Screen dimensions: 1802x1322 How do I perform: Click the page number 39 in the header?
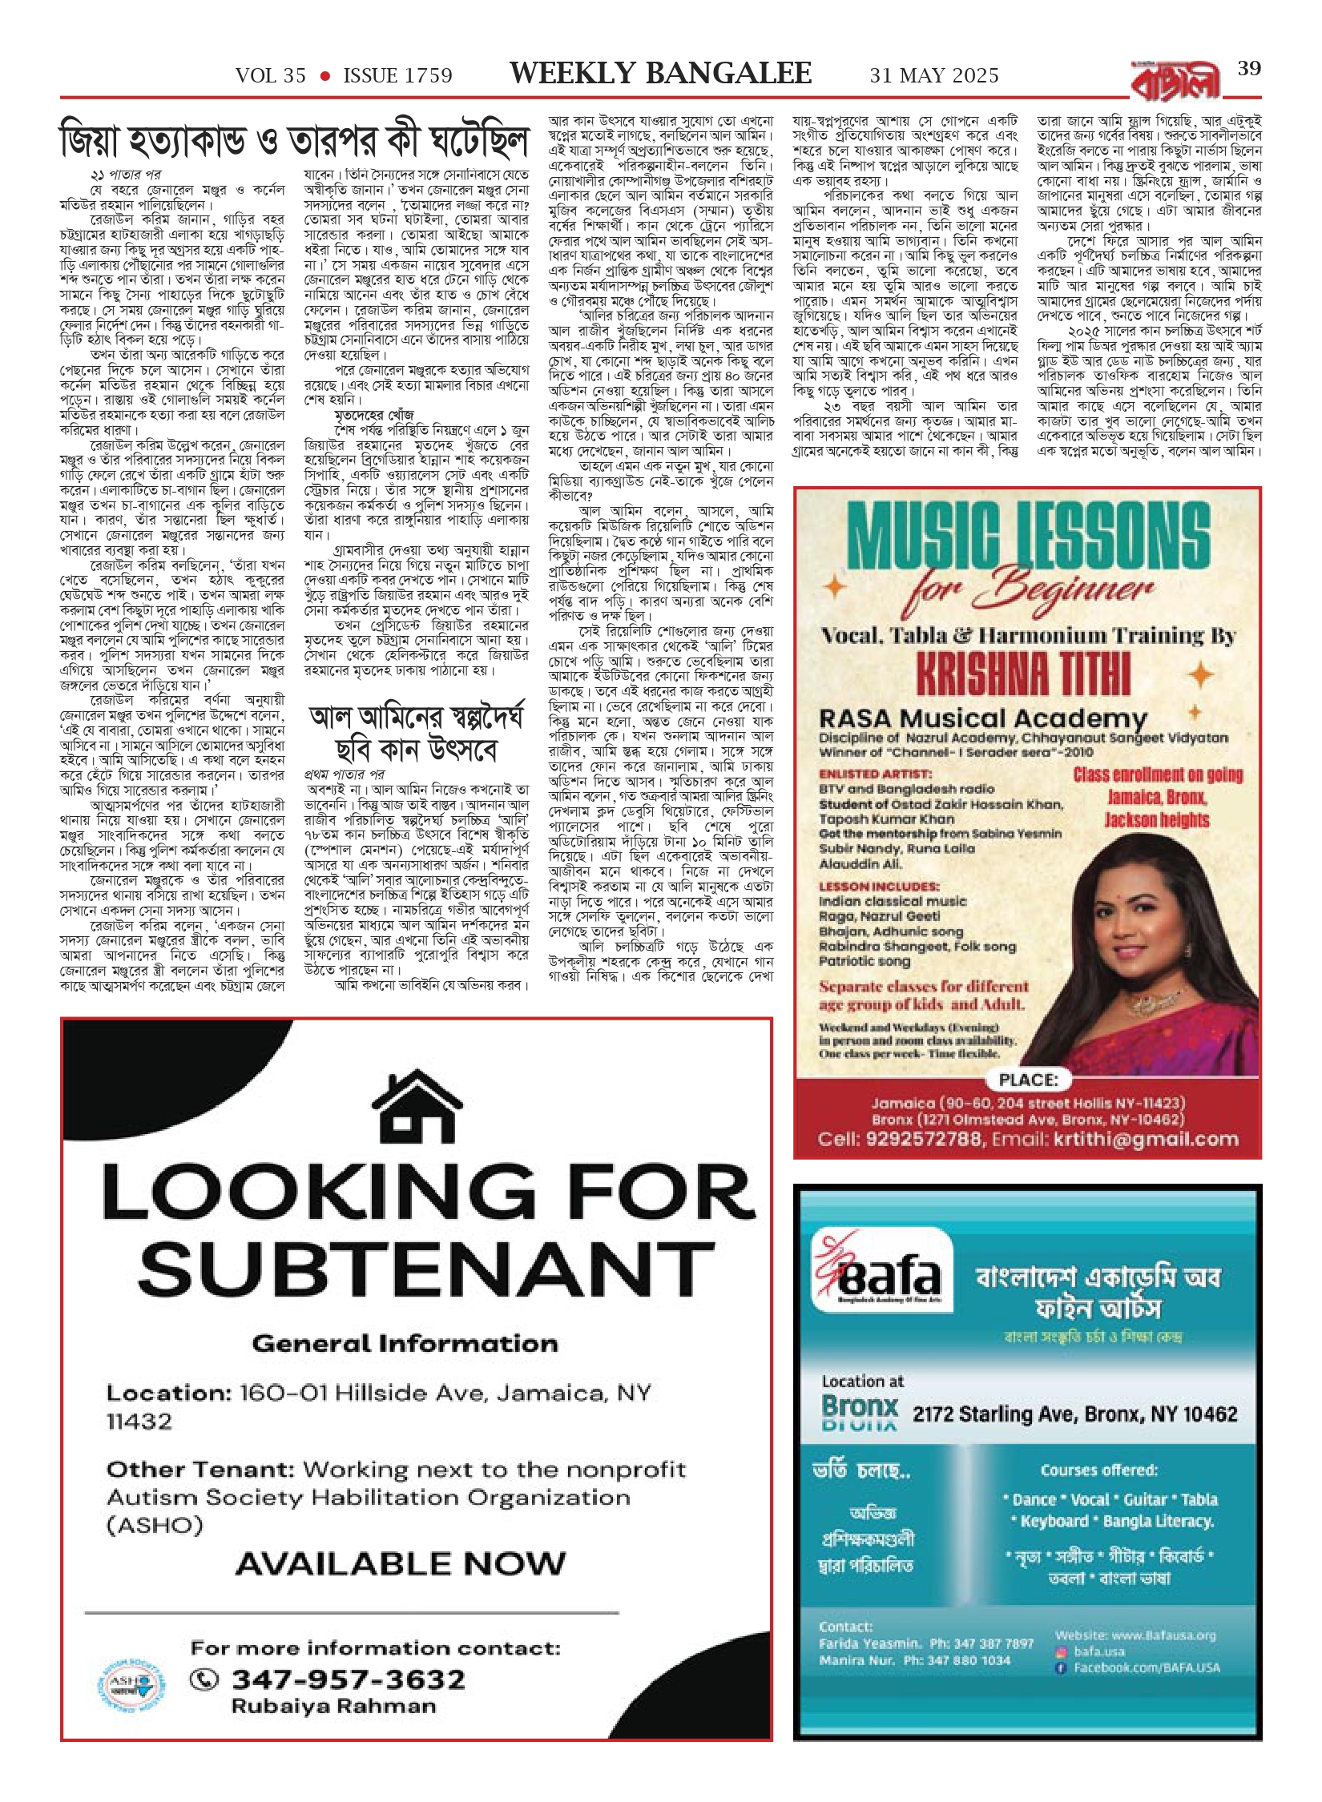1249,69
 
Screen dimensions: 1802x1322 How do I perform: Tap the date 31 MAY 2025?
934,76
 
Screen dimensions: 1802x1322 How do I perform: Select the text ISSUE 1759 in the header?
397,76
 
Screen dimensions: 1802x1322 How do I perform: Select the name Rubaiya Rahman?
333,1706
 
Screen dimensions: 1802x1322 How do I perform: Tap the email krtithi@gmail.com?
1155,1139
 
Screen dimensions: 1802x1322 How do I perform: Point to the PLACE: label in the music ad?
1028,1080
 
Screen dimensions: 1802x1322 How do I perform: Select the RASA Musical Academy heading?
982,718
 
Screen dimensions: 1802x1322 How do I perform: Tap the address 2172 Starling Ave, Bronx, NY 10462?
1074,1414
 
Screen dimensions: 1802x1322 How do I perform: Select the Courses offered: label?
1098,1470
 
